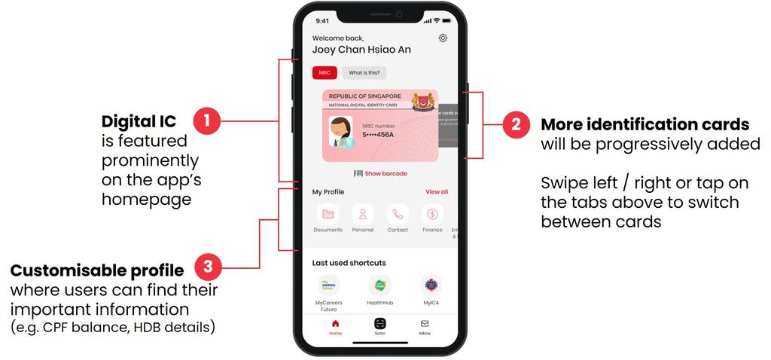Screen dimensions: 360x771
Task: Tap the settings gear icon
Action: (443, 38)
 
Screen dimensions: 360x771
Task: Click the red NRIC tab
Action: (325, 73)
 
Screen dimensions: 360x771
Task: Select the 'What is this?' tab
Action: (364, 73)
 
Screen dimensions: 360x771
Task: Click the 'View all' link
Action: (437, 192)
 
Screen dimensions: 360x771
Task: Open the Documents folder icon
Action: (328, 214)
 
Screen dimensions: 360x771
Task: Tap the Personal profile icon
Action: (363, 214)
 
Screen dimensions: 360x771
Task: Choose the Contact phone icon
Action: (398, 214)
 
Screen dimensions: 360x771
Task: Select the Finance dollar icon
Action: (432, 214)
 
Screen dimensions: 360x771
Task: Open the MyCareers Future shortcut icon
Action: (328, 285)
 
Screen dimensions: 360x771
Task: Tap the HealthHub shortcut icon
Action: (380, 285)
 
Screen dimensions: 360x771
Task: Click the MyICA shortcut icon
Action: (431, 285)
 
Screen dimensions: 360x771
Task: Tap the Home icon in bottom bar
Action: (335, 323)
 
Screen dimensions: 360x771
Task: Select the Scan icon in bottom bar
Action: (380, 323)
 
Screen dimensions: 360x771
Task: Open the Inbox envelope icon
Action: (425, 323)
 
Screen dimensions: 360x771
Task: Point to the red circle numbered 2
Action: (516, 124)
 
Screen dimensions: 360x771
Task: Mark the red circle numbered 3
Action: (209, 267)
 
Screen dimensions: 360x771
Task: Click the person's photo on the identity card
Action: (340, 132)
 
